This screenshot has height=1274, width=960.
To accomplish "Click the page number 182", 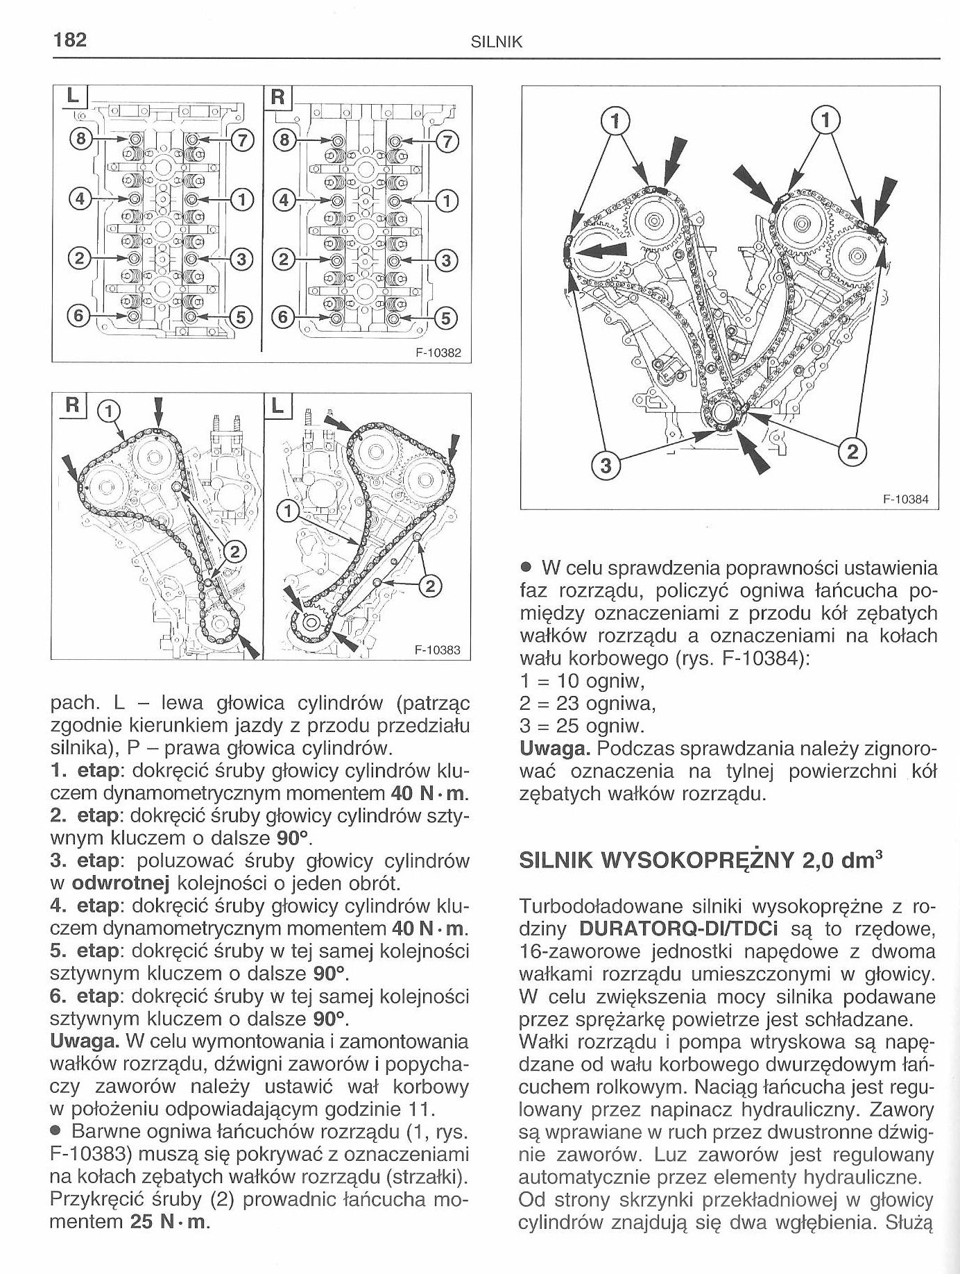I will coord(70,40).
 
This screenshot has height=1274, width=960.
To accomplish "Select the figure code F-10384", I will coord(906,500).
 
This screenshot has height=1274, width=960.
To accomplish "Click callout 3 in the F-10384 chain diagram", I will coord(606,466).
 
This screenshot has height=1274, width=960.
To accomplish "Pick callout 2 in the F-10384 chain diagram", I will coord(852,453).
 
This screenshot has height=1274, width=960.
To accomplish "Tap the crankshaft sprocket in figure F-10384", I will coord(723,418).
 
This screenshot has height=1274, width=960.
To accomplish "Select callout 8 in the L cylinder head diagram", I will coord(82,139).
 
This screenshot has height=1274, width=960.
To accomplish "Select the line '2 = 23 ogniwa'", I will coord(587,704).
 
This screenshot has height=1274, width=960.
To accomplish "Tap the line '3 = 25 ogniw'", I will coord(582,726).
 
